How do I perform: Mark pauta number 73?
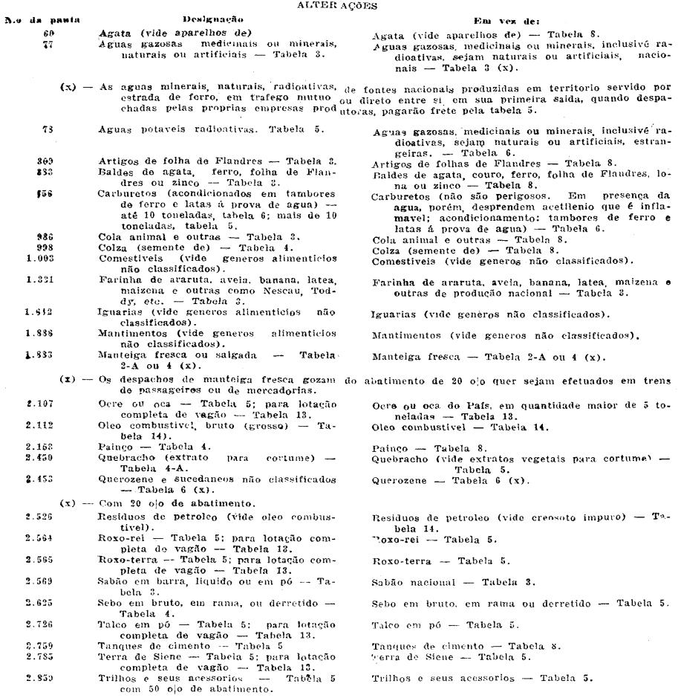click(x=50, y=129)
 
